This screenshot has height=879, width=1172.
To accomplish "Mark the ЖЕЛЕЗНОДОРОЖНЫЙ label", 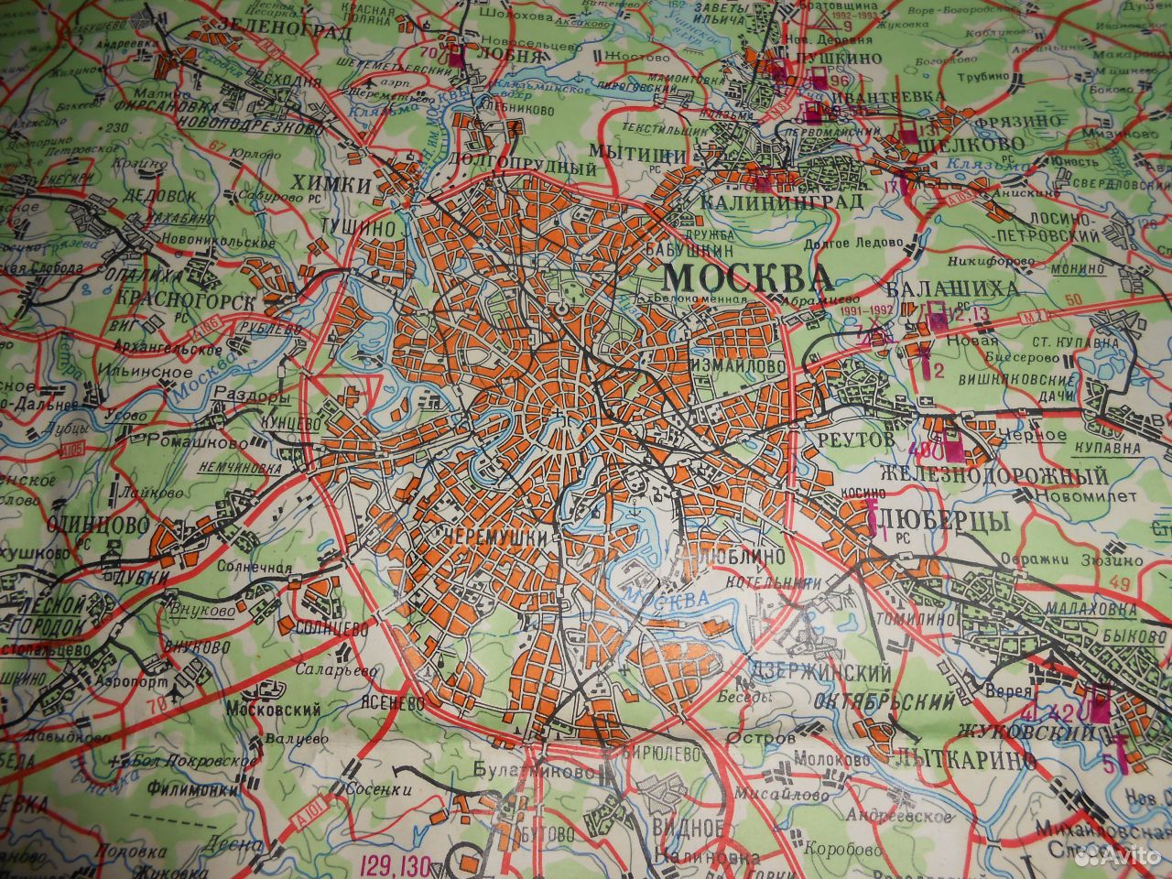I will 993,475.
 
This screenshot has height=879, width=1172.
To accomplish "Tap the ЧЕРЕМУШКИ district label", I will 499,537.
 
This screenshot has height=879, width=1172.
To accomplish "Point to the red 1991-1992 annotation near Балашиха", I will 865,311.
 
